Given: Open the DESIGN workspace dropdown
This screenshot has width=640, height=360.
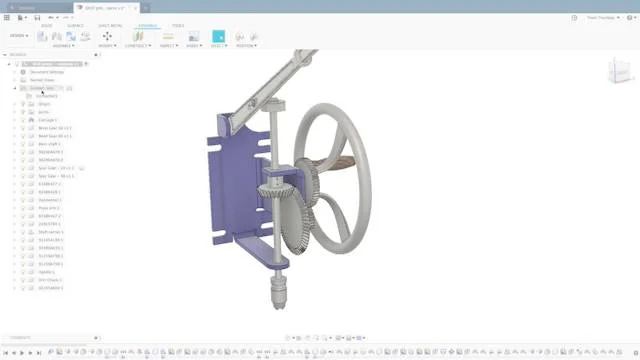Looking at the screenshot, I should click(x=17, y=35).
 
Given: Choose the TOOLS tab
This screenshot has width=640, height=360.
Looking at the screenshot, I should click(x=178, y=25).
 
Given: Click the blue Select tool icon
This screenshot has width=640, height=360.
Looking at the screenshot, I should click(x=218, y=36).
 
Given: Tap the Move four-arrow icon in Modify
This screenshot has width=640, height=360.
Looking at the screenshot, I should click(x=107, y=36).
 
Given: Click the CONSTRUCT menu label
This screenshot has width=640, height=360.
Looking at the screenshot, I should click(x=139, y=45).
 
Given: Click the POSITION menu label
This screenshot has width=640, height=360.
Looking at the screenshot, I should click(x=246, y=45).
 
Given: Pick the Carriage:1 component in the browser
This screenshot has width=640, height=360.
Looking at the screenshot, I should click(x=49, y=120).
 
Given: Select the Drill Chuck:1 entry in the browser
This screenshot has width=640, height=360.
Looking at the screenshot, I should click(x=51, y=279).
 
